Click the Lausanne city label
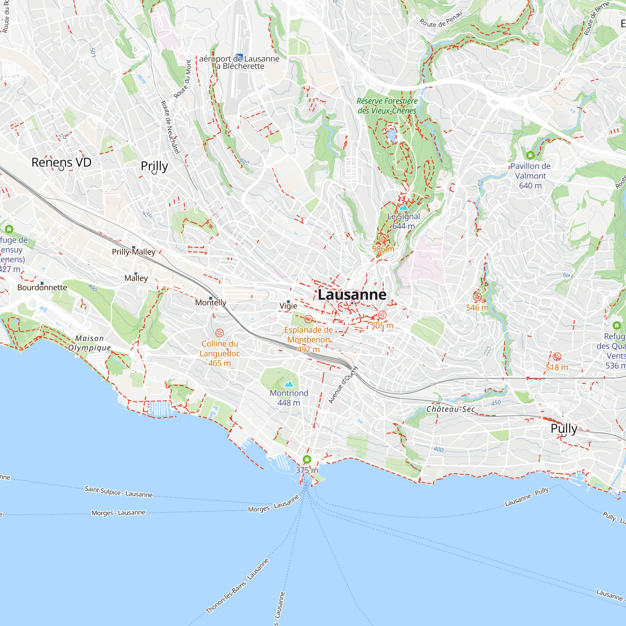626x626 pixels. point(352,295)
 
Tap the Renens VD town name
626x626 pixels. point(61,162)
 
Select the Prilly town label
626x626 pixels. point(154,166)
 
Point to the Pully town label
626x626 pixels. point(564,428)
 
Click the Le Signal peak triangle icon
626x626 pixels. point(403,208)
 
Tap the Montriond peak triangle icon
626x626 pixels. point(289,384)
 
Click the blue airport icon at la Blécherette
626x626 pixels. point(239,57)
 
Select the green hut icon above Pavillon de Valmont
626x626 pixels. point(530,156)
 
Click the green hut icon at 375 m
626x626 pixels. point(307,459)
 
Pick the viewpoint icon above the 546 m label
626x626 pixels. point(477,297)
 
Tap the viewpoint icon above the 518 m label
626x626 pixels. point(557,357)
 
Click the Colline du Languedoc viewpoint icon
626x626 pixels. point(220,333)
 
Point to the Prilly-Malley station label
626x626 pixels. point(134,252)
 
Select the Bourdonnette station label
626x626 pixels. point(42,287)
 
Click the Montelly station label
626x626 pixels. point(211,303)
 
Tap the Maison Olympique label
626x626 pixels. point(90,343)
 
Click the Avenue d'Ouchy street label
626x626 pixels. point(343,385)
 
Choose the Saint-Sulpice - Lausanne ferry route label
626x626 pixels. point(119,491)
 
